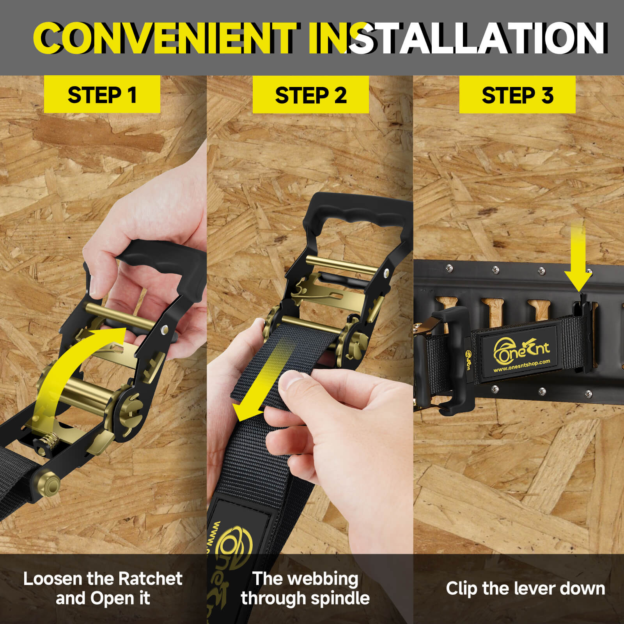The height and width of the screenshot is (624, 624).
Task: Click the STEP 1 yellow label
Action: [x=102, y=94]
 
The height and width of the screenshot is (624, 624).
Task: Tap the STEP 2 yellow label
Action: [x=311, y=95]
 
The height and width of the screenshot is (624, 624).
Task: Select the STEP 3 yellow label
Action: [x=518, y=95]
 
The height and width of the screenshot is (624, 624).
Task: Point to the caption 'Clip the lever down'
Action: [x=525, y=589]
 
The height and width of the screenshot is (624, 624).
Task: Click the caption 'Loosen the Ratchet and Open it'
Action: [x=103, y=589]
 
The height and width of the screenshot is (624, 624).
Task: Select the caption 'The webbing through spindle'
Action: [x=305, y=589]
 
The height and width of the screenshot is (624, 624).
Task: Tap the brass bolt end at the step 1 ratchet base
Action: [x=51, y=484]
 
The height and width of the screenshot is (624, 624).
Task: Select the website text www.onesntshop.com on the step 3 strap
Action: [x=522, y=365]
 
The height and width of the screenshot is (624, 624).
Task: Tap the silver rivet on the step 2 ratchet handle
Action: [x=386, y=273]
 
